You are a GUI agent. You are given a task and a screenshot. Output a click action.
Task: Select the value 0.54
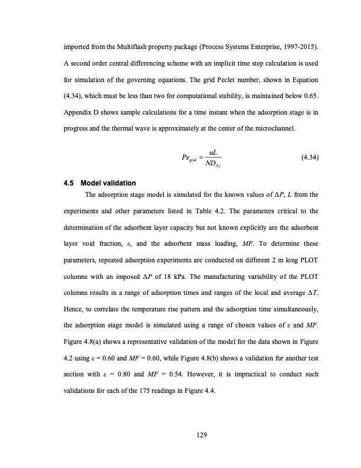(x=182, y=375)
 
